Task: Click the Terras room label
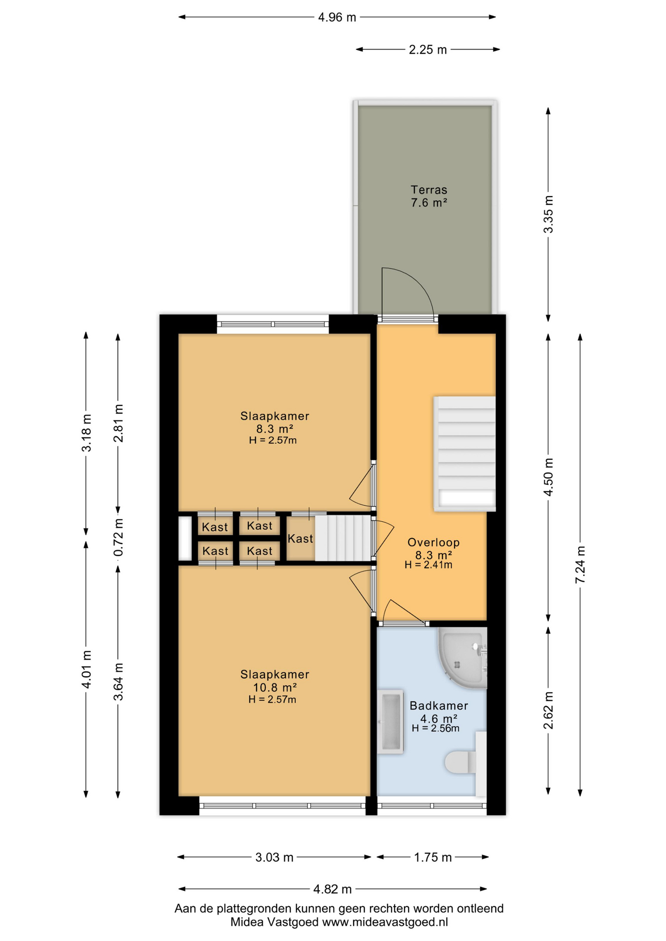click(x=429, y=190)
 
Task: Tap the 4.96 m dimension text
click(x=337, y=18)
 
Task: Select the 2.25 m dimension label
click(x=428, y=50)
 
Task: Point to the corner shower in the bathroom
click(x=462, y=656)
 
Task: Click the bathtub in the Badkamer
click(x=390, y=721)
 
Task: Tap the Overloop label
click(x=434, y=543)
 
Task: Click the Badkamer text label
click(x=438, y=706)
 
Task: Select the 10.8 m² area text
click(x=275, y=687)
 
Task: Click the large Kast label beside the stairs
click(x=300, y=539)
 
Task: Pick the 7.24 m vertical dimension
click(x=580, y=565)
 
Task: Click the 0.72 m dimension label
click(x=118, y=538)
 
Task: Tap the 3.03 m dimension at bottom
click(x=274, y=857)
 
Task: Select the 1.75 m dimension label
click(x=433, y=857)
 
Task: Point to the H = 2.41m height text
click(x=428, y=565)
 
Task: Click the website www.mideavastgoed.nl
click(x=384, y=922)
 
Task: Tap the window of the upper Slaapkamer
click(x=273, y=324)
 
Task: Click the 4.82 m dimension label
click(x=333, y=889)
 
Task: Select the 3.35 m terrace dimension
click(x=549, y=214)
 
